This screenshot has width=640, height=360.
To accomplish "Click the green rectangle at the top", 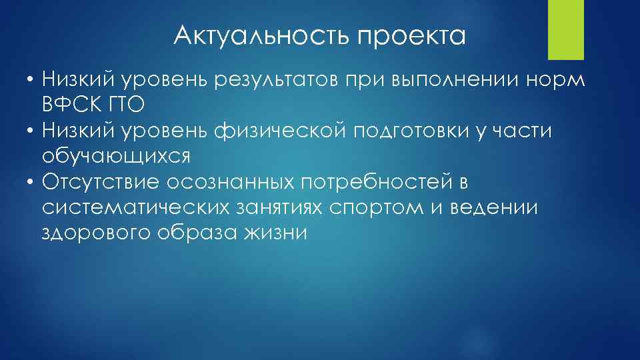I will point(565,30).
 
